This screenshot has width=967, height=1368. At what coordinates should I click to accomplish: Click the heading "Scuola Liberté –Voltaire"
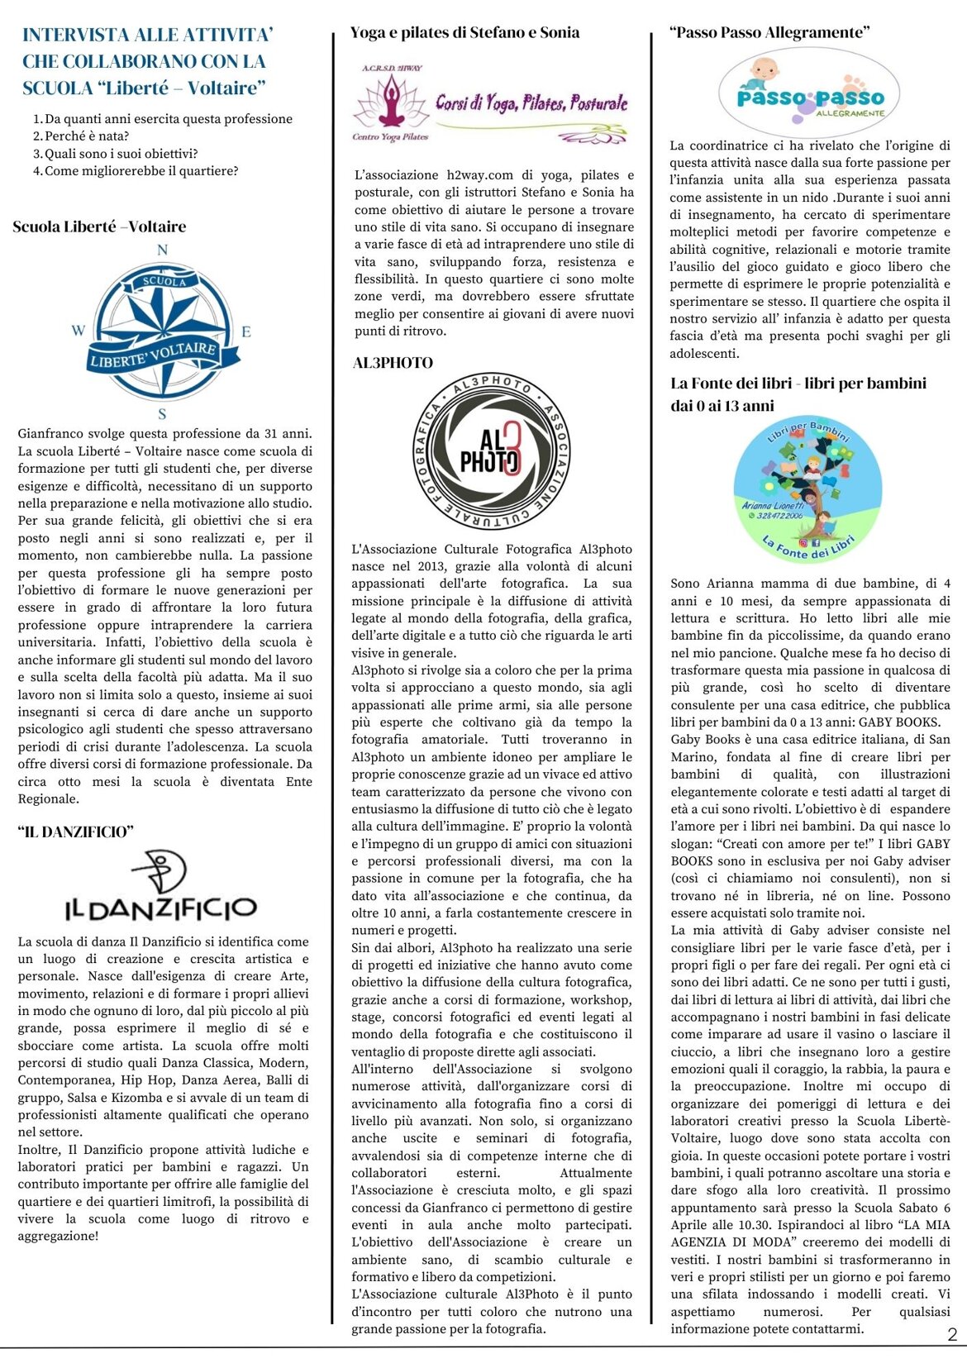pyautogui.click(x=99, y=226)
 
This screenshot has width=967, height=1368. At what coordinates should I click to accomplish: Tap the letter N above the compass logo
pyautogui.click(x=162, y=250)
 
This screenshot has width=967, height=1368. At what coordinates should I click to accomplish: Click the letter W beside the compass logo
pyautogui.click(x=79, y=331)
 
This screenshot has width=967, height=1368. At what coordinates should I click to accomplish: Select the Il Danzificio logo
pyautogui.click(x=161, y=889)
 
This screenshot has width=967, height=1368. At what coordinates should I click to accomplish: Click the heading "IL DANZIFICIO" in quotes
pyautogui.click(x=75, y=832)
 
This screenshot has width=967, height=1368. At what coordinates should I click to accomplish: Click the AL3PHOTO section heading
pyautogui.click(x=393, y=363)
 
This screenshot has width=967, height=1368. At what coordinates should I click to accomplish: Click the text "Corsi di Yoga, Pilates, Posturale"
pyautogui.click(x=531, y=103)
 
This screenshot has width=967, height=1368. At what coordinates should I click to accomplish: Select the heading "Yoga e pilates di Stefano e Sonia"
pyautogui.click(x=464, y=33)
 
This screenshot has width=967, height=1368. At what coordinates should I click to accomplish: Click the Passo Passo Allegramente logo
pyautogui.click(x=809, y=93)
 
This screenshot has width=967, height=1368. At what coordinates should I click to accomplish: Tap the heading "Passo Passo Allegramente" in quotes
pyautogui.click(x=769, y=33)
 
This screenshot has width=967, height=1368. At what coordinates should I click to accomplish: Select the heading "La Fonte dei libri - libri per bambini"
pyautogui.click(x=798, y=384)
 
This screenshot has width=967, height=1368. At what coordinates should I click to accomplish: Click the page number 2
pyautogui.click(x=952, y=1334)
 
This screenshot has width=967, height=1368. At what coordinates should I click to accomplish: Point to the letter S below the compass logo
pyautogui.click(x=162, y=414)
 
